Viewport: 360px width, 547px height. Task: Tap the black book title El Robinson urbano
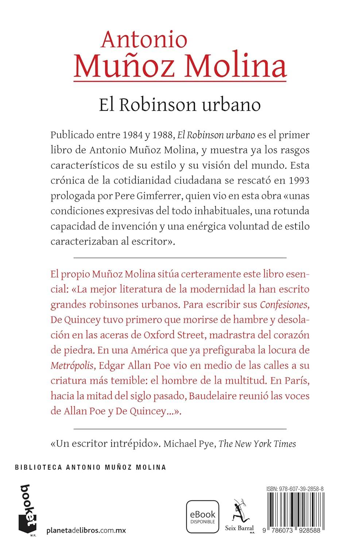point(179,105)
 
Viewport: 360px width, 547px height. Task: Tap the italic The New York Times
point(257,444)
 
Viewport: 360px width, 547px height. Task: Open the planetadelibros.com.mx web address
point(86,530)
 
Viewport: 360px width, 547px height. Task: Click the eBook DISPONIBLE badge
point(202,517)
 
